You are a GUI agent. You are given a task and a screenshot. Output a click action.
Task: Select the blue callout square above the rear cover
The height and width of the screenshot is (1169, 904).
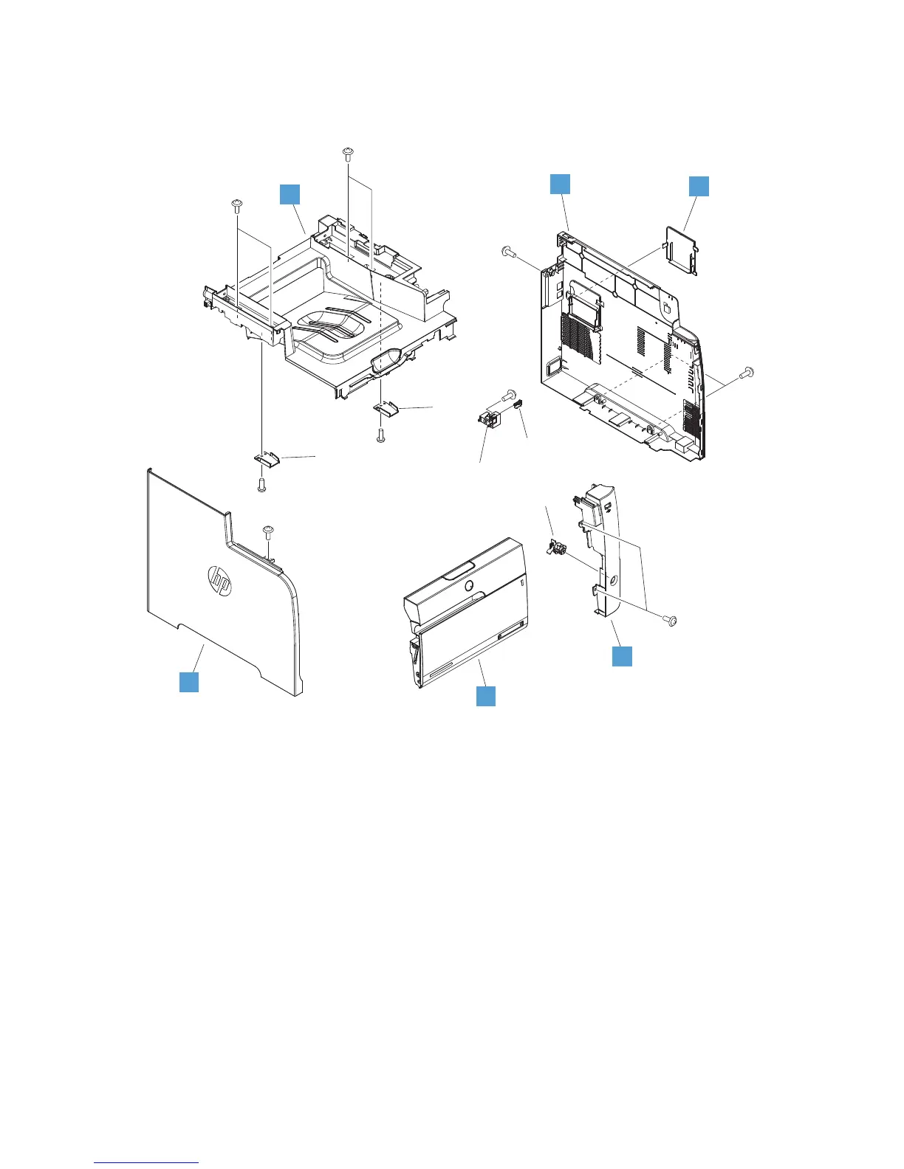click(x=561, y=185)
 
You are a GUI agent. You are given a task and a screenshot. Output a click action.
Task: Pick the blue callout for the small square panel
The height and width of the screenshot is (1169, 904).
click(x=699, y=186)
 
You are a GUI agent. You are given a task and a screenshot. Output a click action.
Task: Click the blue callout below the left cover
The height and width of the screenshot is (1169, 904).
click(x=190, y=681)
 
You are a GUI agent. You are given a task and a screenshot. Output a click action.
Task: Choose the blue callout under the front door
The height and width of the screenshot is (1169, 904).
click(x=485, y=695)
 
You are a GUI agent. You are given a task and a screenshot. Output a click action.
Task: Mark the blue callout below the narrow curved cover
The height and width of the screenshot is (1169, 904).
click(x=623, y=656)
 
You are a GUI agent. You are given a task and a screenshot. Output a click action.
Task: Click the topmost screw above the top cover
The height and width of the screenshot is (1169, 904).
click(x=347, y=154)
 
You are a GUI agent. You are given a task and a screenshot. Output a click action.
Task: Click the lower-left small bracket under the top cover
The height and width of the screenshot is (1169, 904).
click(x=266, y=460)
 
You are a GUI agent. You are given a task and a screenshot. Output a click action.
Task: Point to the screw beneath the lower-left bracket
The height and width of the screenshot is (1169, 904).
click(x=261, y=483)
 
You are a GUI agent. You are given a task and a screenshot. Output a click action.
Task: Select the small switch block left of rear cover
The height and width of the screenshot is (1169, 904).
click(x=488, y=423)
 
